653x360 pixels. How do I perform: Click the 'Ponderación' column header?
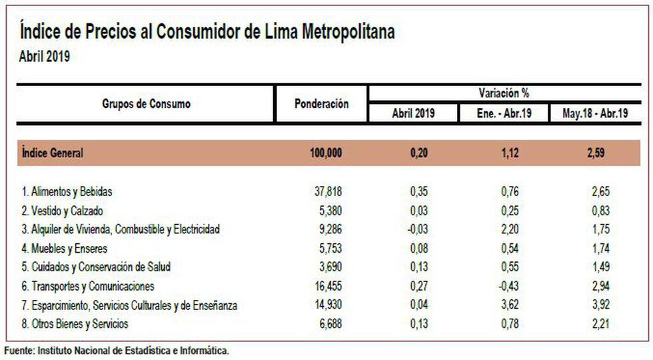[321, 104]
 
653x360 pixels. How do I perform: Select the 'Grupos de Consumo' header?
[146, 104]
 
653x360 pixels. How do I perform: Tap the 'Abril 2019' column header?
[413, 113]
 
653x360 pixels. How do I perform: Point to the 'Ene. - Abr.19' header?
[504, 113]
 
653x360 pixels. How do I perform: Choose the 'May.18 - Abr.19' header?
[595, 113]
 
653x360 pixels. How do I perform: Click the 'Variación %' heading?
[504, 93]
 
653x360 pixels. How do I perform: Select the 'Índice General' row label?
[53, 153]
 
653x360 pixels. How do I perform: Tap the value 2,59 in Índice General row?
[595, 153]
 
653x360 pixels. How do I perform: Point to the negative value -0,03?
[418, 229]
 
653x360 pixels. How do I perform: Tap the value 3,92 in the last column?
[600, 305]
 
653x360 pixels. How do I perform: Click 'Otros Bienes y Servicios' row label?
[75, 324]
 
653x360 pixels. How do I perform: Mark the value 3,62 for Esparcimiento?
[510, 305]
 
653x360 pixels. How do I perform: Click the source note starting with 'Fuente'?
[117, 350]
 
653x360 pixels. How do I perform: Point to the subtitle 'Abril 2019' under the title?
[45, 57]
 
